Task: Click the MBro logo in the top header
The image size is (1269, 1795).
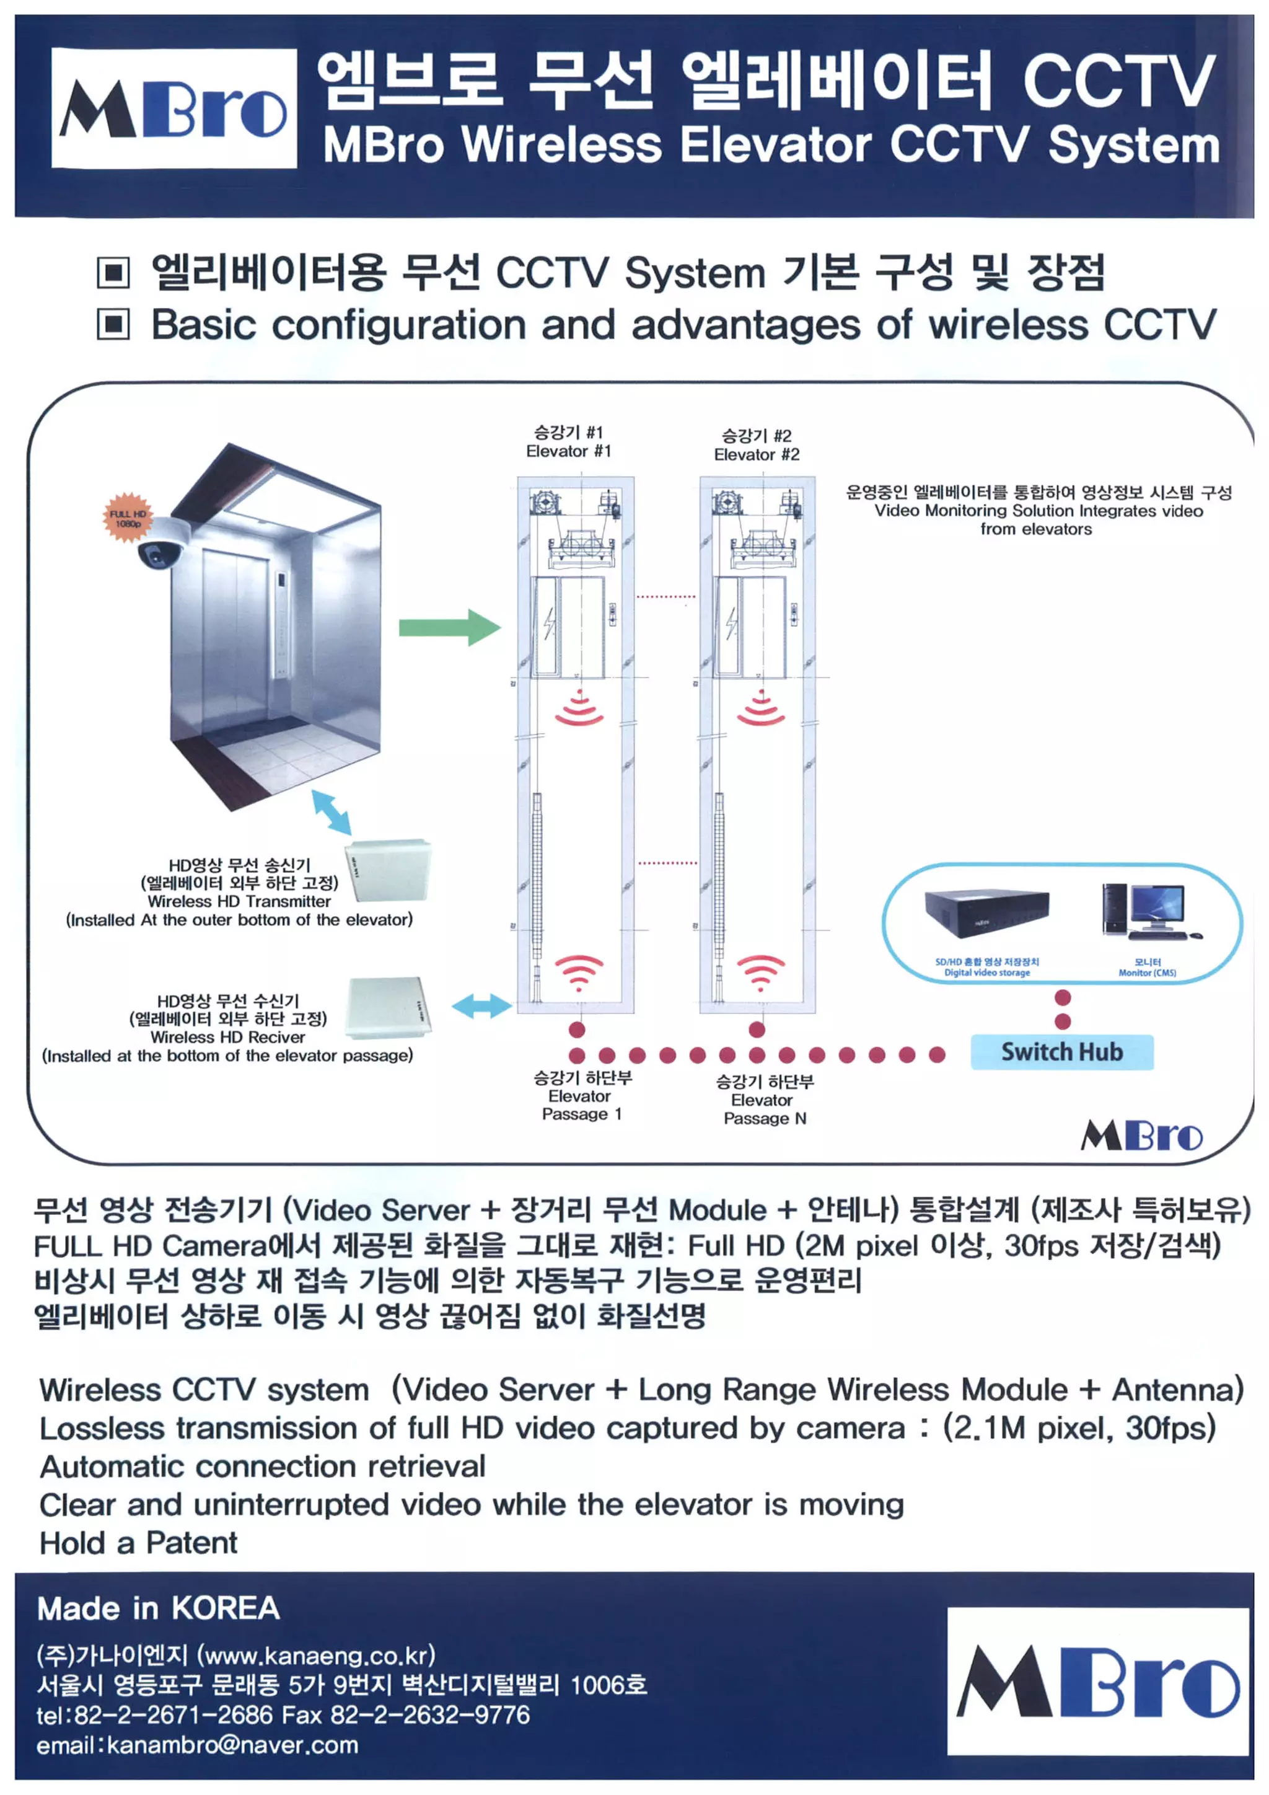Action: click(x=173, y=108)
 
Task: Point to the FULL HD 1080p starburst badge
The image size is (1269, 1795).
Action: click(x=128, y=518)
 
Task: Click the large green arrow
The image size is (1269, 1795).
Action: click(x=449, y=627)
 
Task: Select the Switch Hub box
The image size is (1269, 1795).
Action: click(x=1061, y=1052)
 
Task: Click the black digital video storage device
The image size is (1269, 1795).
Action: click(x=986, y=912)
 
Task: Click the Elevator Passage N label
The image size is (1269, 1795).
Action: click(x=764, y=1100)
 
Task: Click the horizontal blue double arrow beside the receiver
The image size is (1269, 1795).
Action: click(x=481, y=1006)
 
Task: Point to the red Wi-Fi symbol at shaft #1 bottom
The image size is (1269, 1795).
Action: click(x=578, y=971)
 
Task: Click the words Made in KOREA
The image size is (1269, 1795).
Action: click(x=158, y=1609)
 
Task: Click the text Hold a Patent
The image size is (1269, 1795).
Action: click(x=138, y=1544)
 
